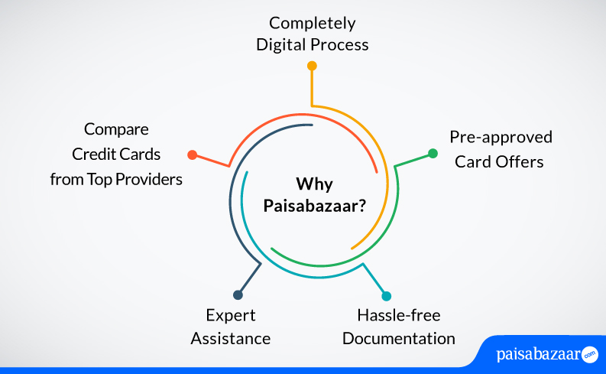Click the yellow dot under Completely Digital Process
pos(312,66)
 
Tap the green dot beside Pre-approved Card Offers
pos(433,154)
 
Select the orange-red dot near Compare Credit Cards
pos(192,154)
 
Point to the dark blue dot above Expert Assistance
pos(238,295)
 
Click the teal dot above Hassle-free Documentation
pos(387,296)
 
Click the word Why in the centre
pos(314,184)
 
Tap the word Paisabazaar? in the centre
pos(315,206)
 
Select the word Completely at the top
pos(313,24)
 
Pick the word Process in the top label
pos(340,45)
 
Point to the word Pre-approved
pos(501,138)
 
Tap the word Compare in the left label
pos(116,130)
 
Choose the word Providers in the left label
pos(149,179)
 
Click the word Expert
pos(231,316)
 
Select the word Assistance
pos(231,339)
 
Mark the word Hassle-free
pos(399,315)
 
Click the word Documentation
pos(399,339)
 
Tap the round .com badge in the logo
pos(590,354)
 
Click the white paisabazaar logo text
pos(539,354)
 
